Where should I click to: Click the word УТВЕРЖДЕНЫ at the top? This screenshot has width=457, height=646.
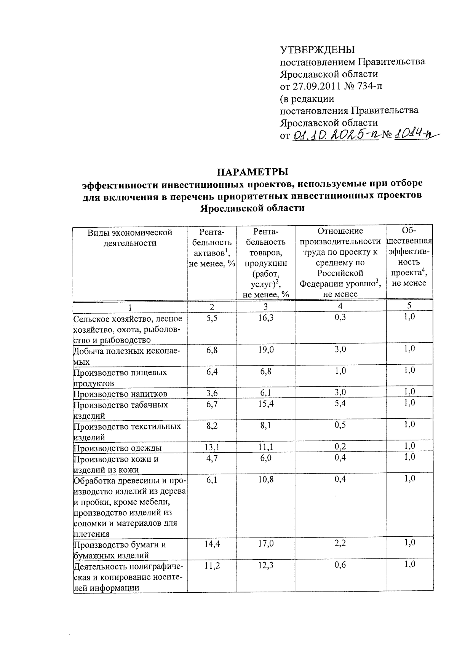[317, 50]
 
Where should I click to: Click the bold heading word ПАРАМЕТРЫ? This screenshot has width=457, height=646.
[253, 172]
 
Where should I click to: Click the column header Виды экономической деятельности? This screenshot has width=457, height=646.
[130, 238]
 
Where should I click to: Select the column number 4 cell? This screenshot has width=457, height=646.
[340, 306]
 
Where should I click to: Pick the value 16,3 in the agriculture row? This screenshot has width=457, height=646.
[265, 318]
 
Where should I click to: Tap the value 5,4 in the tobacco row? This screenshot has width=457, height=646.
[340, 404]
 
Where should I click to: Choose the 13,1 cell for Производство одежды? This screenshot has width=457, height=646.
[212, 447]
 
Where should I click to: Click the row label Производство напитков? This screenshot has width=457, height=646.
[120, 394]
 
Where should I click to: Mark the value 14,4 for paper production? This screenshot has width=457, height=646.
[212, 544]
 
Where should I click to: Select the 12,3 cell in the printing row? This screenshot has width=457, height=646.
[265, 566]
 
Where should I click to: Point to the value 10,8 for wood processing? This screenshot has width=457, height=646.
[265, 480]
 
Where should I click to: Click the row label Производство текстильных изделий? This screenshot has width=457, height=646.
[127, 431]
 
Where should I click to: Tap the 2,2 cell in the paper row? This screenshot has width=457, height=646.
[340, 544]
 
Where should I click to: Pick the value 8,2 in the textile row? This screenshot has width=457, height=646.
[212, 426]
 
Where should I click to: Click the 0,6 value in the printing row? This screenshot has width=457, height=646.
[340, 566]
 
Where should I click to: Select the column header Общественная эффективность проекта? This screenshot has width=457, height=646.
[409, 257]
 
